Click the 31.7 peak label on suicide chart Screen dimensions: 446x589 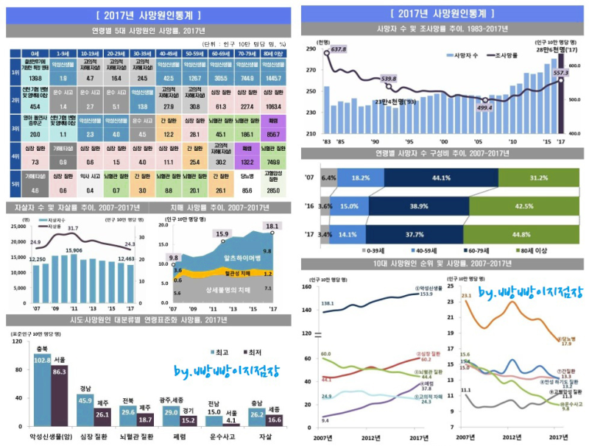[73, 229]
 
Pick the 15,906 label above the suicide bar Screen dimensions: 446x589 [74, 251]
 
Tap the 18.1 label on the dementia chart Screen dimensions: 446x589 [273, 226]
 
